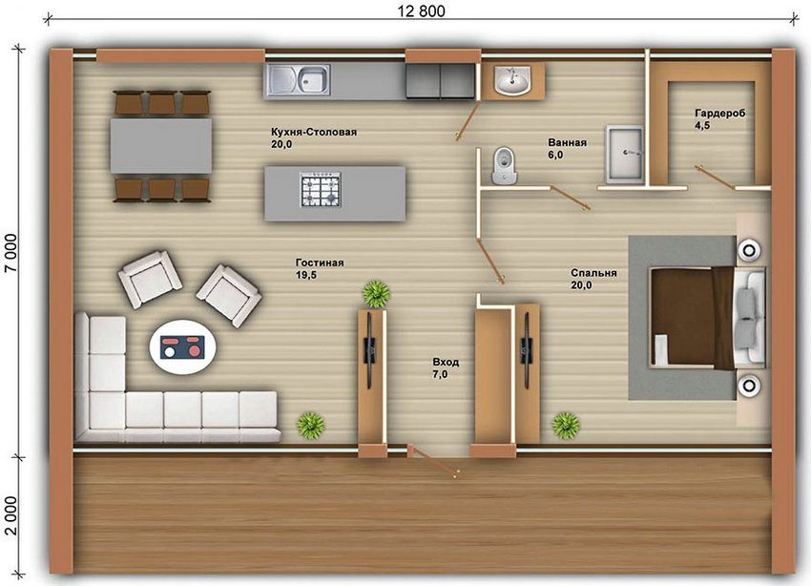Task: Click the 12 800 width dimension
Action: pyautogui.click(x=422, y=10)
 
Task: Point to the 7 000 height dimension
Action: pyautogui.click(x=10, y=253)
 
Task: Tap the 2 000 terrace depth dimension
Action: pyautogui.click(x=10, y=515)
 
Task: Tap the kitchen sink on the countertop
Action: pyautogui.click(x=298, y=81)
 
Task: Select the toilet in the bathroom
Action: pyautogui.click(x=503, y=165)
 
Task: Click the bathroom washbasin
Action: pyautogui.click(x=512, y=80)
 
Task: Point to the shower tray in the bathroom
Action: pyautogui.click(x=624, y=154)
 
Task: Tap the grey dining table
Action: pyautogui.click(x=161, y=146)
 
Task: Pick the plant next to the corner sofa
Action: pyautogui.click(x=310, y=425)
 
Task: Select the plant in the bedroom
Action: pyautogui.click(x=566, y=425)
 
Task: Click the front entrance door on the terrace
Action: pyautogui.click(x=432, y=460)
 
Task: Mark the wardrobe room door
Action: pyautogui.click(x=715, y=178)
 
